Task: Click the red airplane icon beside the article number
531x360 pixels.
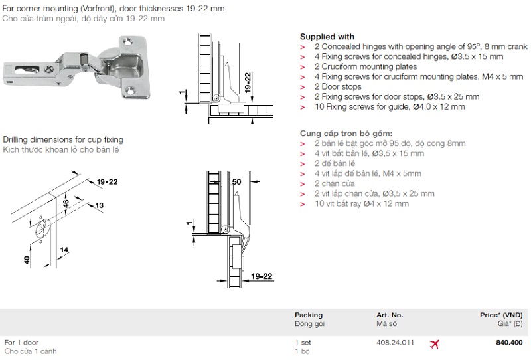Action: point(434,345)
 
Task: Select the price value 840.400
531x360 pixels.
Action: point(509,343)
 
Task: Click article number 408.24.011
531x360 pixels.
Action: point(395,343)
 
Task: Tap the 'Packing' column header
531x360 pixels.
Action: point(309,315)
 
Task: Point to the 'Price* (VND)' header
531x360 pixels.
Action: point(501,315)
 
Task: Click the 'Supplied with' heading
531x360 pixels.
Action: point(327,37)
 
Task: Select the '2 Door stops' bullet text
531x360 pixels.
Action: point(338,87)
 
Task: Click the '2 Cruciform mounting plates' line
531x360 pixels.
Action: point(366,67)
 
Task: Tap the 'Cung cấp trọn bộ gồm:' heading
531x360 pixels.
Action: point(346,134)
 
